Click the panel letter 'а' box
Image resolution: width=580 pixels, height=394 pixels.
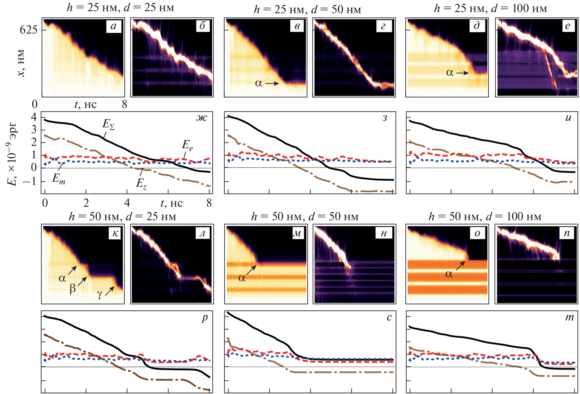(114, 26)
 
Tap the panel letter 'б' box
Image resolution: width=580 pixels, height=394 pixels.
(202, 26)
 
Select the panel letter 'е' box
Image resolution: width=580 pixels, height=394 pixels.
(567, 26)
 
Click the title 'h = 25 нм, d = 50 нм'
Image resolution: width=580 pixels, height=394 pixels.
(307, 9)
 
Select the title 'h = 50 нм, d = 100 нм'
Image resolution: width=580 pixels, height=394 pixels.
(485, 217)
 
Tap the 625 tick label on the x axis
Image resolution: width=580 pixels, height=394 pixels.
(28, 30)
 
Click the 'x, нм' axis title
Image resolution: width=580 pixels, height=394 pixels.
(21, 63)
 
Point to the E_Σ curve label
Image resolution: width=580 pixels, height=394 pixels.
(108, 124)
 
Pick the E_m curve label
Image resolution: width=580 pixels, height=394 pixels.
(58, 178)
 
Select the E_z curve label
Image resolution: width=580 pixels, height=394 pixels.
(141, 183)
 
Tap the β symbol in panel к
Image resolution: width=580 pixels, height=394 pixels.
(73, 288)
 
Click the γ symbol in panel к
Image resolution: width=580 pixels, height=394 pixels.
(100, 294)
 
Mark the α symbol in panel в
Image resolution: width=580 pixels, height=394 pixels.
(258, 83)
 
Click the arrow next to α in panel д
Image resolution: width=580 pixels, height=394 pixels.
(462, 73)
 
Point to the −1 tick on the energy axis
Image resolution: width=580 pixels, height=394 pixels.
(29, 181)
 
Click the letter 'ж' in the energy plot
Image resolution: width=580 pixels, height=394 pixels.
(202, 118)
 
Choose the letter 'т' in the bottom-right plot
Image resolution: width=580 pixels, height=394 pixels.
(569, 318)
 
